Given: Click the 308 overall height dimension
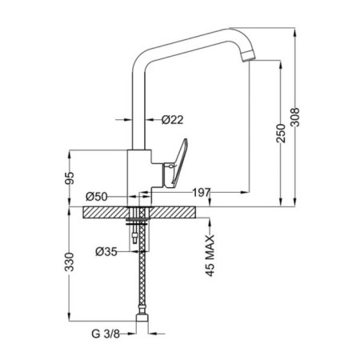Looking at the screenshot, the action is tap(295, 117).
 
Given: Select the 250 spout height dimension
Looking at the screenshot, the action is tap(281, 133).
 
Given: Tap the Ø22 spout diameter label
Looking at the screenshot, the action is tap(173, 120).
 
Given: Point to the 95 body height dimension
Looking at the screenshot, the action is tap(70, 178).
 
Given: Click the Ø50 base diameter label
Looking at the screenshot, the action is tap(97, 197).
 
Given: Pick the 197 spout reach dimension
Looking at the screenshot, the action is tap(202, 192).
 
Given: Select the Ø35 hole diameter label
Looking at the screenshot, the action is tap(106, 251).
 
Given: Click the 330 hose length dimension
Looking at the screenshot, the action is tap(70, 262).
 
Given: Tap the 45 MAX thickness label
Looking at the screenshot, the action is tap(210, 256).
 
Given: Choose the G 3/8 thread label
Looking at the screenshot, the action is tap(106, 334).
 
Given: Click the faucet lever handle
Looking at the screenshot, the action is tap(175, 164).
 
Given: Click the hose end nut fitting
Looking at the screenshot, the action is tap(142, 318).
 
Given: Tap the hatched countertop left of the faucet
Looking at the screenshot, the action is tap(106, 213).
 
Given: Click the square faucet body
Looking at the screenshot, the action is tap(139, 178).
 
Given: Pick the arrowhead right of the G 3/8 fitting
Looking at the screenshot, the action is tap(153, 334).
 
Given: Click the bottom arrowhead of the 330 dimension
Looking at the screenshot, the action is tap(70, 318).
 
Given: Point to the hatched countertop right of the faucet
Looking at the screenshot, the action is tap(172, 213).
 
